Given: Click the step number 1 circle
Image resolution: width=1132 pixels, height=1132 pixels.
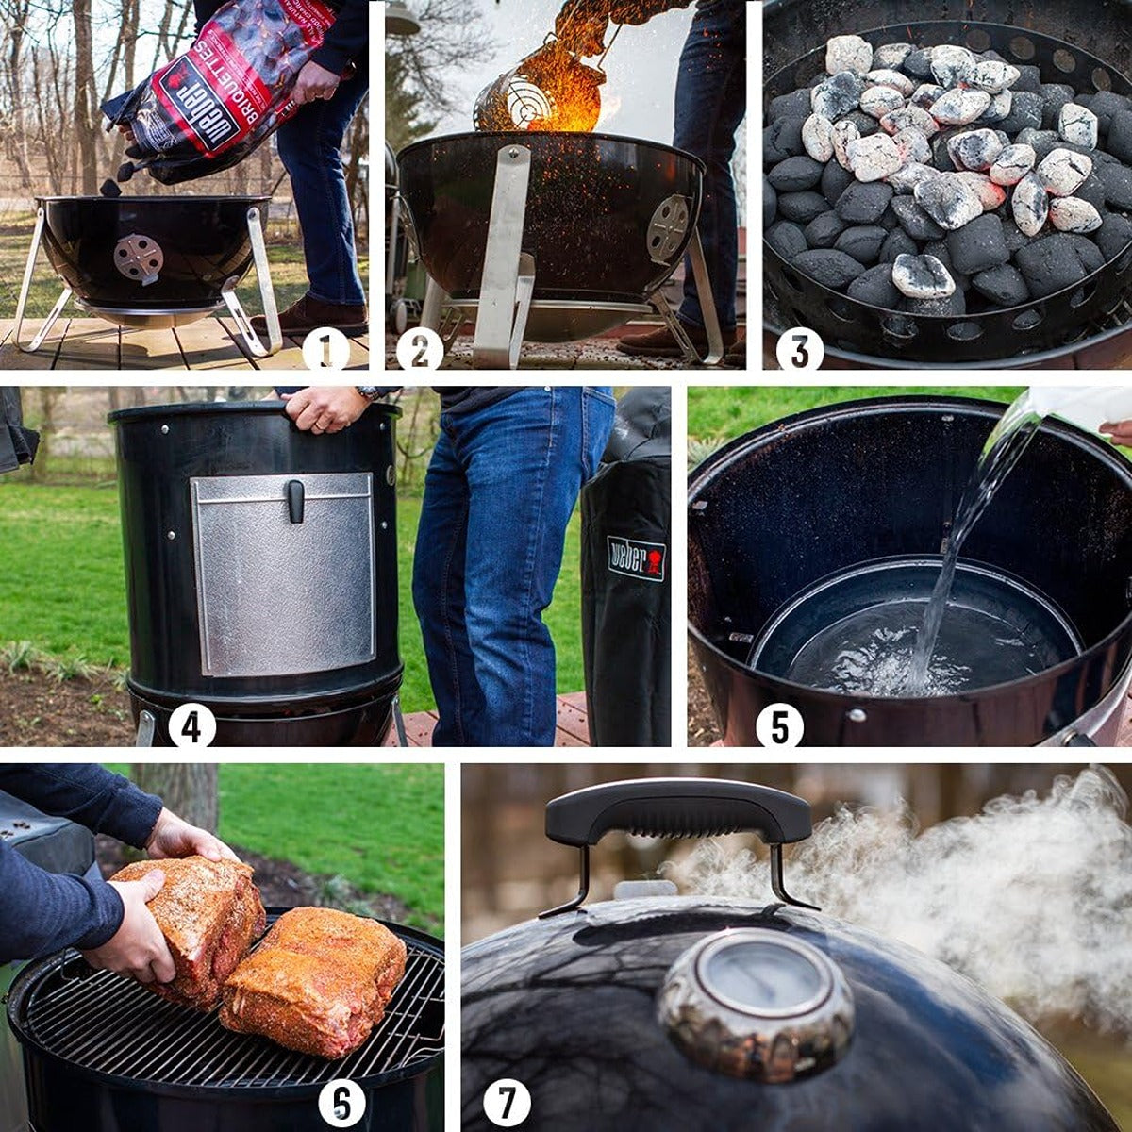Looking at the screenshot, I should coord(325,350).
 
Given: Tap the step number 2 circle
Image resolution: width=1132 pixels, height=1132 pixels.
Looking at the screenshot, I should coord(420,350).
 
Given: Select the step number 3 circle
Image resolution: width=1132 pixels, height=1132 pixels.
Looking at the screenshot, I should coord(800,350).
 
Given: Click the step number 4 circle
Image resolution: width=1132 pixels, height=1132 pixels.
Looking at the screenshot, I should coord(191,726).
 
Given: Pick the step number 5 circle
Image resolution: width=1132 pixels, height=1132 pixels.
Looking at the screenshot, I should coord(780,726).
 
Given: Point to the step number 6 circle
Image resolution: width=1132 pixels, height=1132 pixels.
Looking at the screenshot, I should coord(341,1103).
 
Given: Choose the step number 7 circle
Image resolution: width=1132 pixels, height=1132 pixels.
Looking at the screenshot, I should coord(508,1103).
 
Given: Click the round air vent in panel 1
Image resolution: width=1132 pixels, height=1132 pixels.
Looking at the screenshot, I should coord(138,258).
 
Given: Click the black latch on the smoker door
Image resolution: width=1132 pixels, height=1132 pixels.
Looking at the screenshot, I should coord(295,500).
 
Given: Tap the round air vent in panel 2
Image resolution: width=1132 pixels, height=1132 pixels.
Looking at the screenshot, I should coord(668,227).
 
